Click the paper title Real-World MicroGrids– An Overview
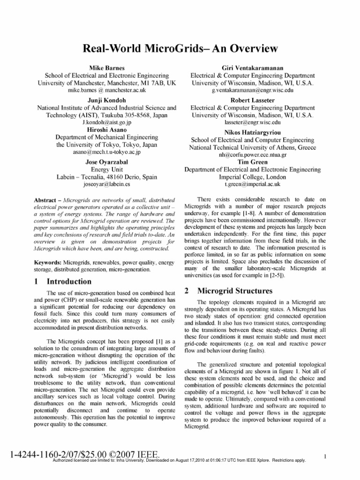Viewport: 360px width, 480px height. pyautogui.click(x=180, y=49)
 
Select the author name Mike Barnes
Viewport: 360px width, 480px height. pyautogui.click(x=107, y=68)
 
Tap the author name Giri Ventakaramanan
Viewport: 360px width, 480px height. pyautogui.click(x=253, y=68)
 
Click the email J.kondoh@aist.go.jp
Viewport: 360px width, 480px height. pyautogui.click(x=107, y=121)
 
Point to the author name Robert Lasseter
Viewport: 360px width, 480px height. pyautogui.click(x=253, y=100)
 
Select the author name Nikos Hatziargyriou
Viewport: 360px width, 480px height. pyautogui.click(x=253, y=133)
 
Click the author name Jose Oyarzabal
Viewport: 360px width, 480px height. pyautogui.click(x=107, y=161)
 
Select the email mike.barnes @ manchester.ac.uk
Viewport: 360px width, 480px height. pyautogui.click(x=107, y=89)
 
